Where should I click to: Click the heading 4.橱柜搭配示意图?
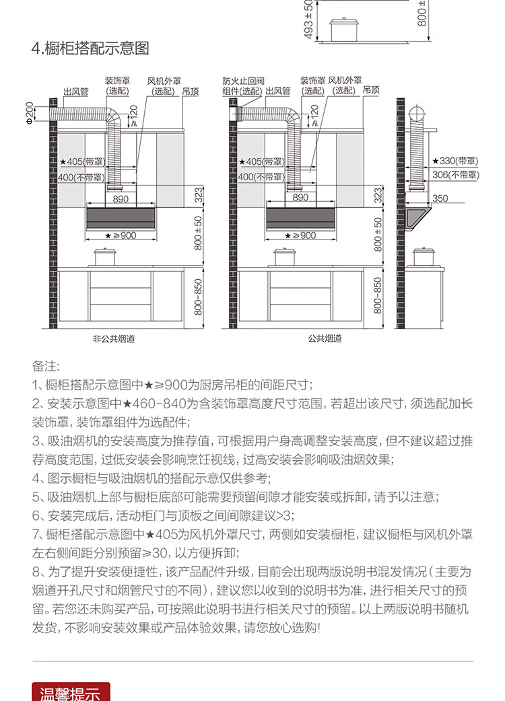pyautogui.click(x=91, y=49)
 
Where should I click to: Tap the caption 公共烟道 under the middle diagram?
pyautogui.click(x=325, y=339)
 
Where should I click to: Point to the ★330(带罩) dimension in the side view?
pyautogui.click(x=456, y=161)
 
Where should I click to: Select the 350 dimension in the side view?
pyautogui.click(x=440, y=198)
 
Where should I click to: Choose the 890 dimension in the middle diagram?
pyautogui.click(x=300, y=198)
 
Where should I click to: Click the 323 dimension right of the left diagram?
pyautogui.click(x=199, y=196)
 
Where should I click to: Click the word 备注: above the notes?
pyautogui.click(x=46, y=367)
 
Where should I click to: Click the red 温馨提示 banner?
pyautogui.click(x=71, y=692)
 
